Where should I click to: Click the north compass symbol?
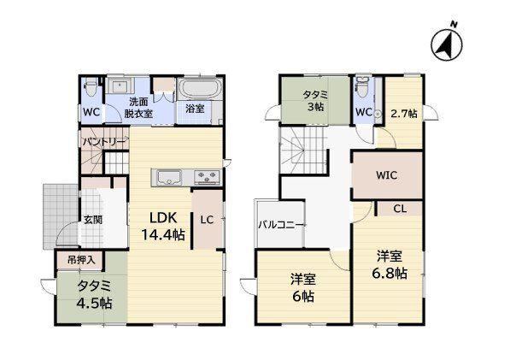(448, 44)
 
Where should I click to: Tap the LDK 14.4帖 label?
(163, 226)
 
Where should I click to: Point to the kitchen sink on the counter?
(169, 178)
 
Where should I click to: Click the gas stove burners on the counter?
(207, 178)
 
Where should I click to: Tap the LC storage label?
(207, 220)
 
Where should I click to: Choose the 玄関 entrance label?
(93, 220)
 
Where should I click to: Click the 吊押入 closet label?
(81, 260)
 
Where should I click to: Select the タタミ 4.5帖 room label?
(94, 295)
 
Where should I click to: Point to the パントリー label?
(104, 142)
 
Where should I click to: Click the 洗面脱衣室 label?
(138, 108)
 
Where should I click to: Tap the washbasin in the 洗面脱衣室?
(120, 86)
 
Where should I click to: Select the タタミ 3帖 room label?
(315, 100)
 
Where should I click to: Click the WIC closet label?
(387, 175)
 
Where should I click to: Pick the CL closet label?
(400, 209)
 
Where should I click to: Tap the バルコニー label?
(282, 225)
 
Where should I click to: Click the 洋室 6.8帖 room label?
(390, 264)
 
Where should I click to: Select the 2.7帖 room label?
(404, 114)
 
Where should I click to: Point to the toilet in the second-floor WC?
(361, 86)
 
